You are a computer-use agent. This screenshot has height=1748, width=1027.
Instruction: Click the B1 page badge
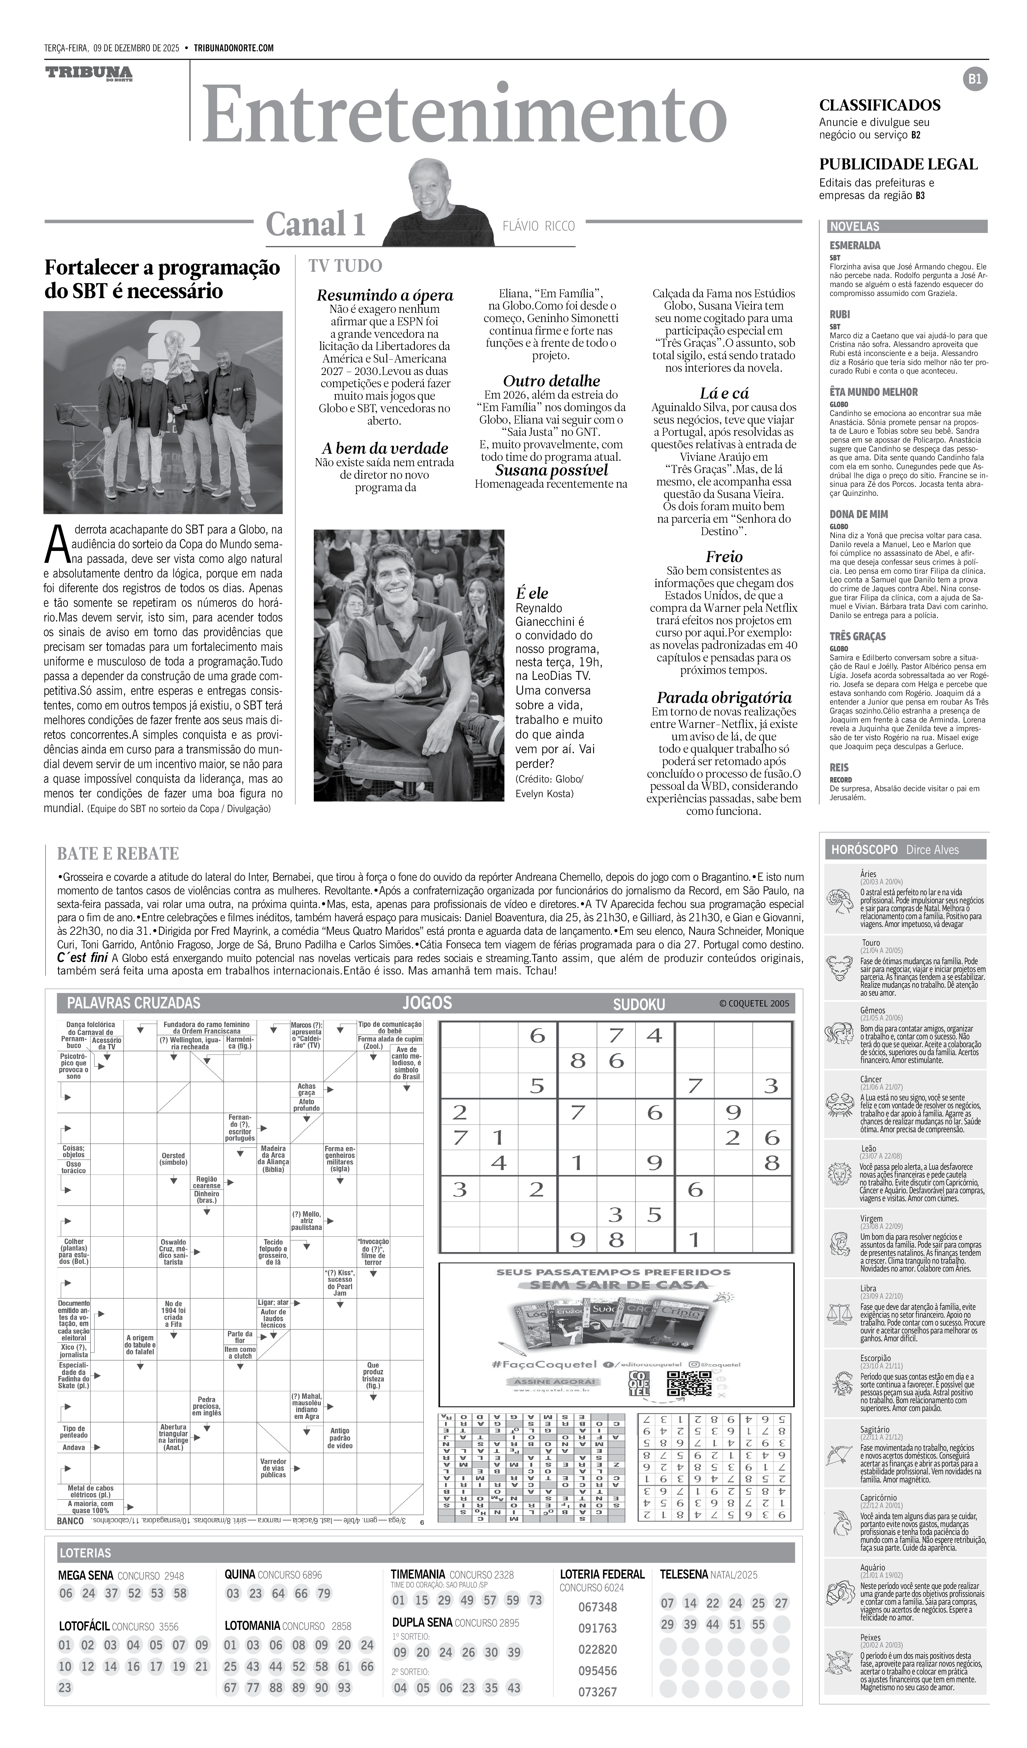coord(975,79)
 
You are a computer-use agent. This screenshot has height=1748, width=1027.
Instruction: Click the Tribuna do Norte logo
coord(89,74)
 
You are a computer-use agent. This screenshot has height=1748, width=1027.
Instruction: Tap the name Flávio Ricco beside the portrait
coord(538,225)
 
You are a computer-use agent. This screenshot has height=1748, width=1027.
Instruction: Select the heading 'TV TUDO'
coord(346,266)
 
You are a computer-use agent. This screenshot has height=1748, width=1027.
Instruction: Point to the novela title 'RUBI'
coord(840,314)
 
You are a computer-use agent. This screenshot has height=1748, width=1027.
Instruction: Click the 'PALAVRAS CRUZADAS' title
coord(133,1003)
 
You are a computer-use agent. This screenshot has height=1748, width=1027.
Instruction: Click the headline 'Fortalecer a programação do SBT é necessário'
coord(162,279)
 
